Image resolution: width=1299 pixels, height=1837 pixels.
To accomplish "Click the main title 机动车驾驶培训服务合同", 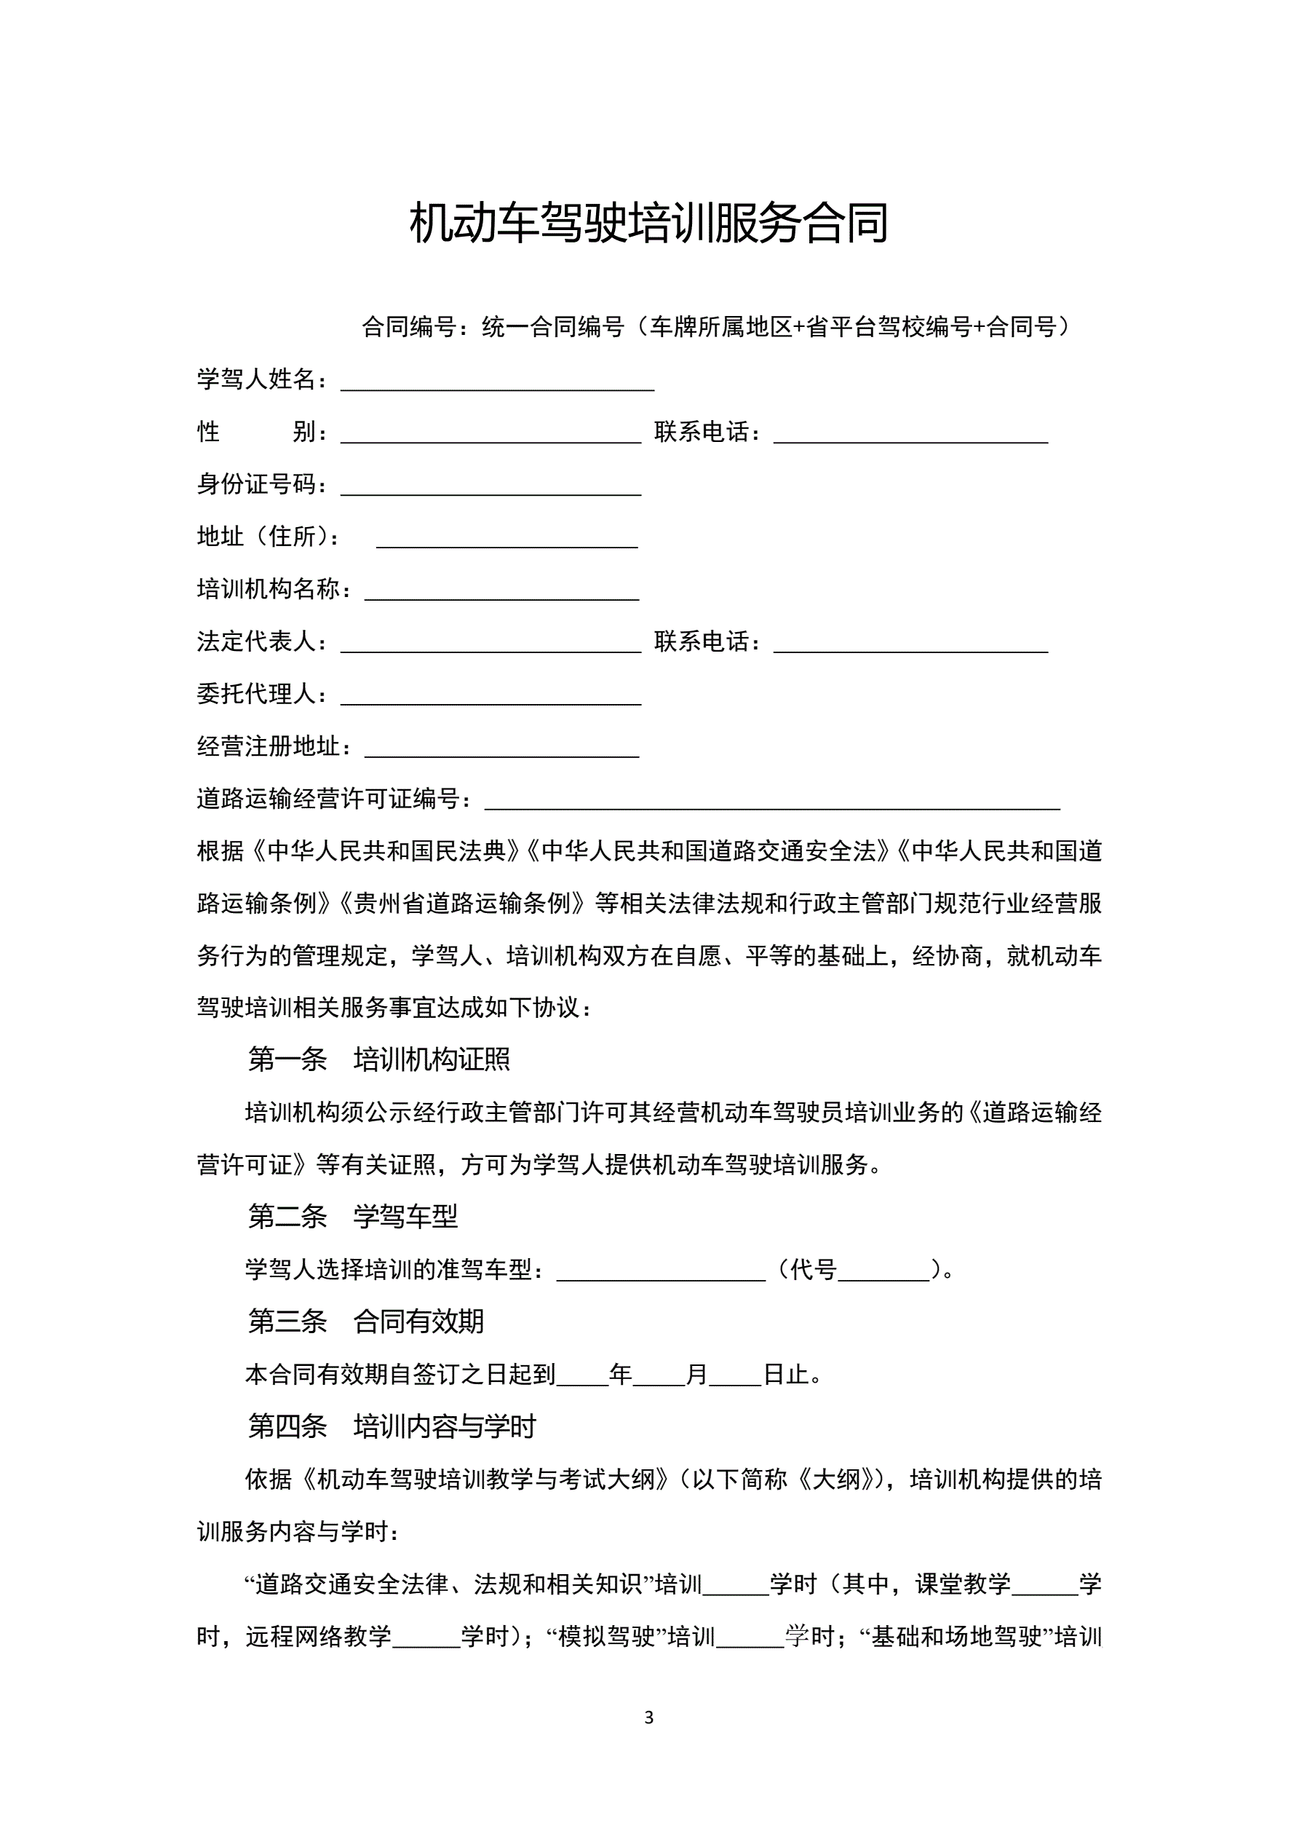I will click(x=648, y=224).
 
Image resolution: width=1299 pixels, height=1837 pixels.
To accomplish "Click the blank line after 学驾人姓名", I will click(x=497, y=381).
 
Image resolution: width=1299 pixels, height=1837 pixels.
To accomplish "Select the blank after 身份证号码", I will click(x=490, y=486).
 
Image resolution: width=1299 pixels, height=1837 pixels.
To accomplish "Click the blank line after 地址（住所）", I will click(x=507, y=539).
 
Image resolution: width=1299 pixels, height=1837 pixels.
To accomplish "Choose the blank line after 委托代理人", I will click(x=490, y=695).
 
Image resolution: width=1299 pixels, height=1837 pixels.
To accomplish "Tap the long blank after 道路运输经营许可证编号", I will click(x=772, y=800).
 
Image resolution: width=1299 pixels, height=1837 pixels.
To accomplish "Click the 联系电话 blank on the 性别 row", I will click(x=910, y=434).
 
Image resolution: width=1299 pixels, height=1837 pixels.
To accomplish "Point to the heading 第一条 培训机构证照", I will click(x=378, y=1059).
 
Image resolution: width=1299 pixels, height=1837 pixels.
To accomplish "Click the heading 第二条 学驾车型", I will click(x=353, y=1217).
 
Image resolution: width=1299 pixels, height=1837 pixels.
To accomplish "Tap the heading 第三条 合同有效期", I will click(x=365, y=1322).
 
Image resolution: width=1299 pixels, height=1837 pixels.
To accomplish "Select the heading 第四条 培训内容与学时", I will click(x=391, y=1426).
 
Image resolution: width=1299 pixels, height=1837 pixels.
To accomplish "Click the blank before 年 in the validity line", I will click(x=582, y=1375).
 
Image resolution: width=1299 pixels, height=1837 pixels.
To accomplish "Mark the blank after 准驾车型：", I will click(x=661, y=1271).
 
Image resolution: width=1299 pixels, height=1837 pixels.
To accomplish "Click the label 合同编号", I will click(x=409, y=327).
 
